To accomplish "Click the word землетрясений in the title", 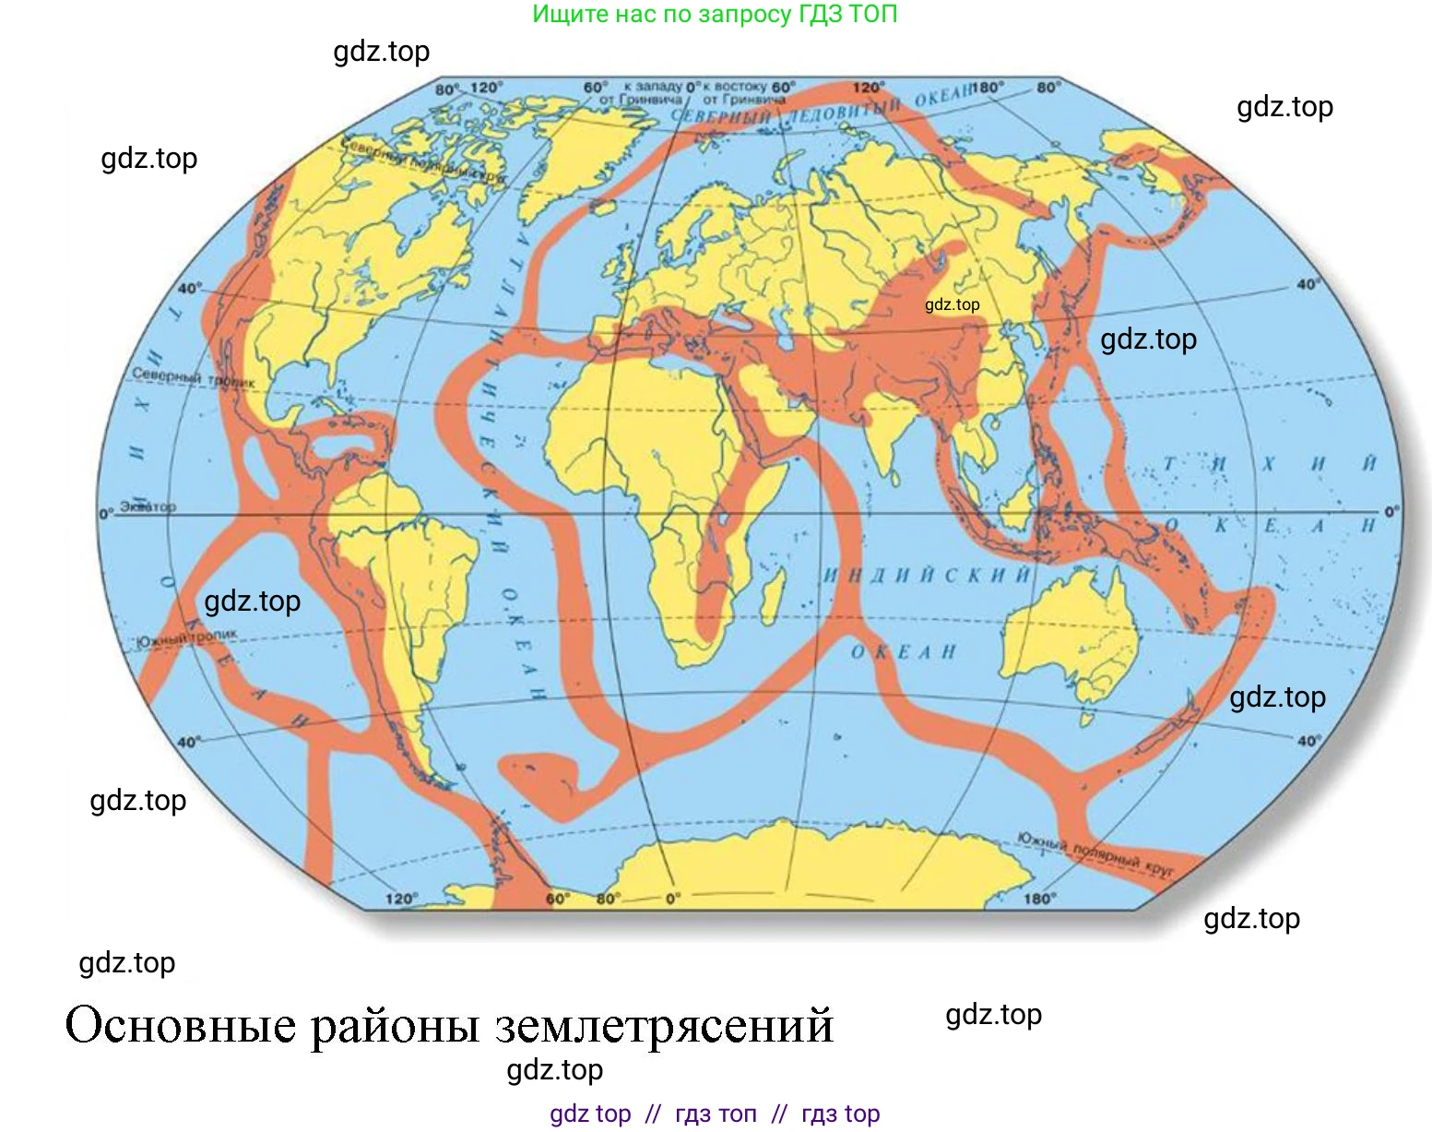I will pyautogui.click(x=664, y=1025).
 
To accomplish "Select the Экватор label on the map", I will pyautogui.click(x=148, y=506).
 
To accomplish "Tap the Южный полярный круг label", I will pyautogui.click(x=1095, y=854).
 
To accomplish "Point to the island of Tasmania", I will pyautogui.click(x=1088, y=718).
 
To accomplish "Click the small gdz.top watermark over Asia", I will pyautogui.click(x=952, y=304).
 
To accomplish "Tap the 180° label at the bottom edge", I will pyautogui.click(x=1038, y=898).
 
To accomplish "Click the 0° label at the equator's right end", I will pyautogui.click(x=1391, y=510).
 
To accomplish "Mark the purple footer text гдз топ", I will pyautogui.click(x=716, y=1114).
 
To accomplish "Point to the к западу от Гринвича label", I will pyautogui.click(x=641, y=92).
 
